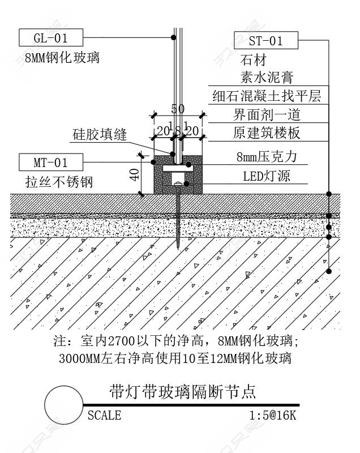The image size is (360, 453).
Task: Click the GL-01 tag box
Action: click(x=51, y=38)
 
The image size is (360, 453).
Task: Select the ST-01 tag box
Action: click(x=265, y=40)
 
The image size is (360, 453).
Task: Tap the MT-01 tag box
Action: click(x=51, y=163)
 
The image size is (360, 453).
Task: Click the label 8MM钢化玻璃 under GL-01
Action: click(x=62, y=57)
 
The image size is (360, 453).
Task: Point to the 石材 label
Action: click(x=253, y=60)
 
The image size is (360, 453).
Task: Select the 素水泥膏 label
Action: click(x=267, y=78)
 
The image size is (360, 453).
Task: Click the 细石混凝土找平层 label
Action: click(x=267, y=96)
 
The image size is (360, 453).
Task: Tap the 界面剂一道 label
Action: click(x=267, y=115)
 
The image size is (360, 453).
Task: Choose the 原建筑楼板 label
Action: click(x=267, y=133)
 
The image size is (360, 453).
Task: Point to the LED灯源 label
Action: click(x=267, y=176)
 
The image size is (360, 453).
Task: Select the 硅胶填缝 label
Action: click(x=100, y=135)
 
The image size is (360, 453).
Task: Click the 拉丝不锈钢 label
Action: click(x=59, y=182)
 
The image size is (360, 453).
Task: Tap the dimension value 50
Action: click(x=178, y=109)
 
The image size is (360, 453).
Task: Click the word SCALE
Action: click(x=104, y=416)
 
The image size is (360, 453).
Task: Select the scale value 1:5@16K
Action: click(x=272, y=416)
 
